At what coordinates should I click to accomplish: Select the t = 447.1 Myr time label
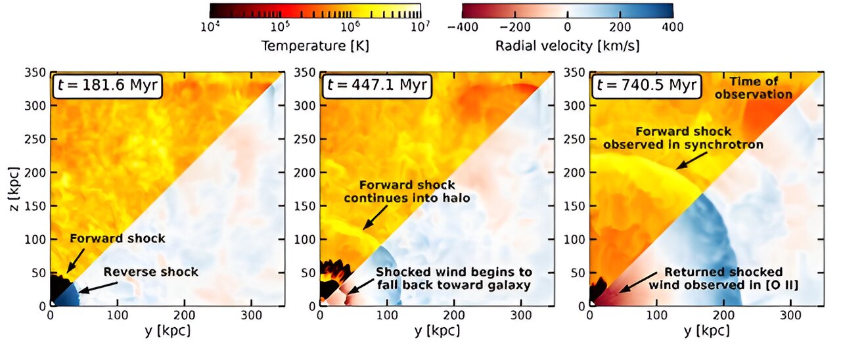375,87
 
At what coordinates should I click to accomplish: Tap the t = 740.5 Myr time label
645,87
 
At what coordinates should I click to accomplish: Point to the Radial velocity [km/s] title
568,46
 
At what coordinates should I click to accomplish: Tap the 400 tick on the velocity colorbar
673,28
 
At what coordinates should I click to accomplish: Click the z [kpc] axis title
13,187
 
